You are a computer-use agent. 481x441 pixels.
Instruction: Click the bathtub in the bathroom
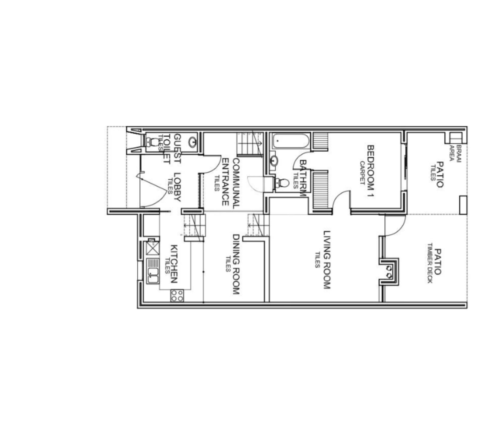point(291,141)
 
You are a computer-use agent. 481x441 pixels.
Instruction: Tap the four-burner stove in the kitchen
point(177,295)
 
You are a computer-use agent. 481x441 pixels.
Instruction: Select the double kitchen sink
point(153,271)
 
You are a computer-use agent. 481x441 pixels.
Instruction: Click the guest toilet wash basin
point(192,142)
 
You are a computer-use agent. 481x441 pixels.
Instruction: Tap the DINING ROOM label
point(236,264)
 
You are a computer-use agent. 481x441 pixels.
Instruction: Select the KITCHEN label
point(174,264)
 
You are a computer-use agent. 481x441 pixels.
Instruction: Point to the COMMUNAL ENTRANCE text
point(231,182)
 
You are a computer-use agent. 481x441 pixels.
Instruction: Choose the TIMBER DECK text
point(429,263)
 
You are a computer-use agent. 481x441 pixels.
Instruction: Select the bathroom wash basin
point(274,161)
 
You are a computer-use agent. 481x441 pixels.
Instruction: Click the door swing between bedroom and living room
point(341,199)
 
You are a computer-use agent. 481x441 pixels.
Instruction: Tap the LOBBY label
point(178,187)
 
